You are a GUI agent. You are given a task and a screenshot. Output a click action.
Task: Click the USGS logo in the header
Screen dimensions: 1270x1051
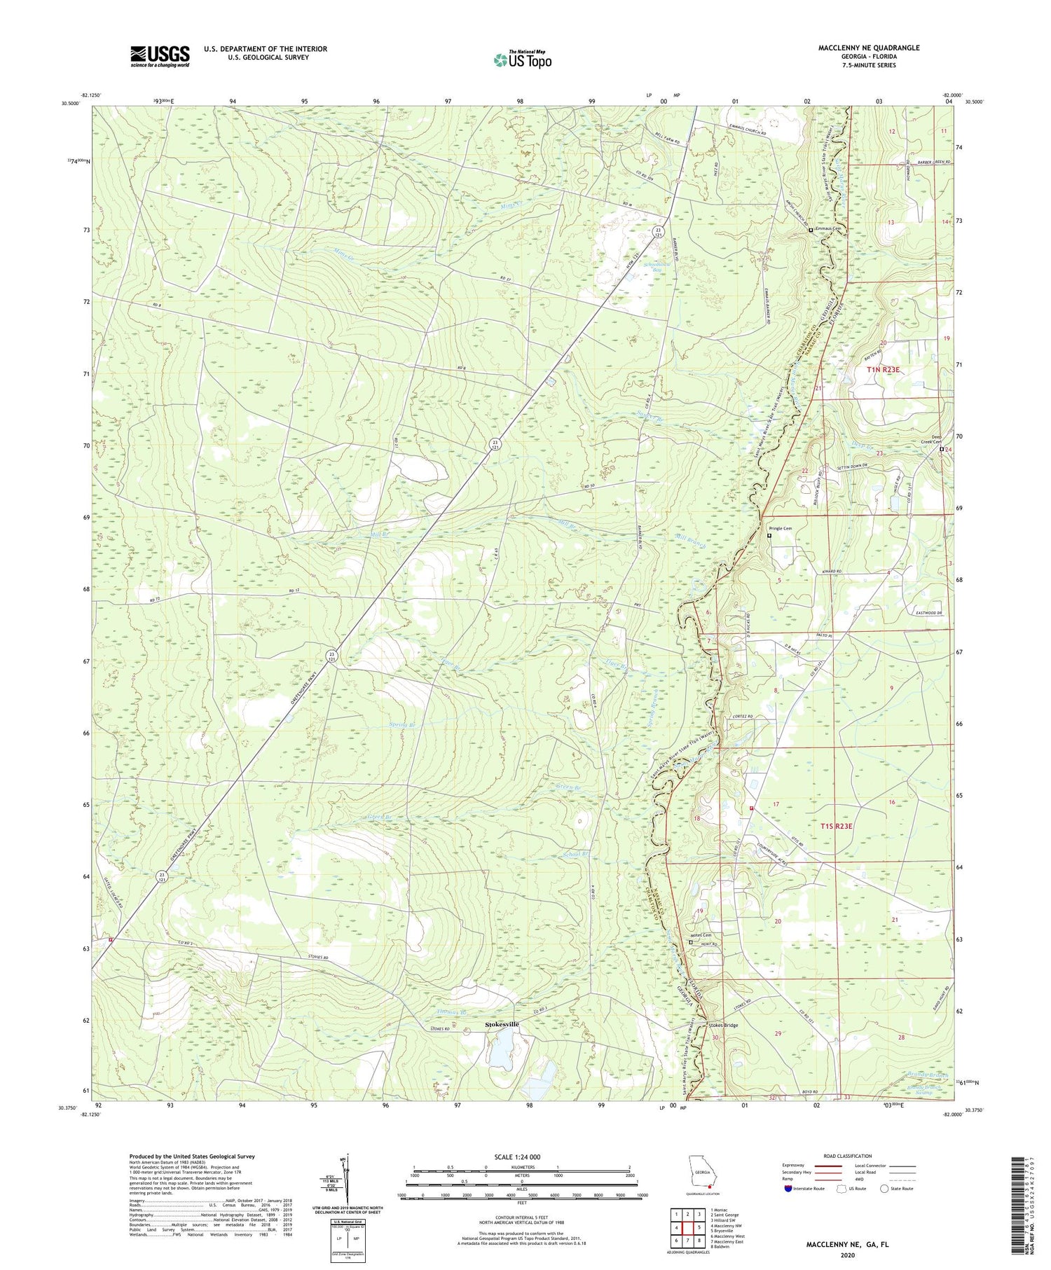coord(160,56)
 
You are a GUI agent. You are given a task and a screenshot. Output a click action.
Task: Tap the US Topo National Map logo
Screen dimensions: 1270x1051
coord(522,60)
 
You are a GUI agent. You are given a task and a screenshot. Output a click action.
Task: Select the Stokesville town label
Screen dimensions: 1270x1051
coord(503,1024)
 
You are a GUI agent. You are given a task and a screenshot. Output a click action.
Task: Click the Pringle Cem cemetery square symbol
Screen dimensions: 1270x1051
coord(769,536)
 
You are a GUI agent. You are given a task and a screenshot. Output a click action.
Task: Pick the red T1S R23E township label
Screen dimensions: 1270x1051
coord(837,826)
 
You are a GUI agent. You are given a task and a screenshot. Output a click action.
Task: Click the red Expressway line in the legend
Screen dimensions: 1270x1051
coord(827,1166)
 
